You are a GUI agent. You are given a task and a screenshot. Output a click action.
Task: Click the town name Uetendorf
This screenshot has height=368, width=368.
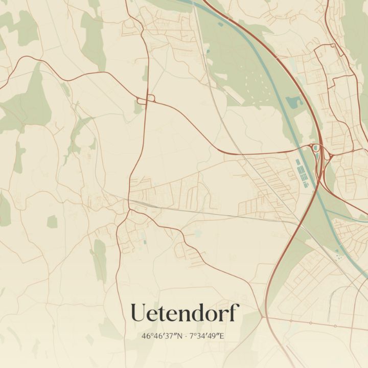pyautogui.click(x=185, y=313)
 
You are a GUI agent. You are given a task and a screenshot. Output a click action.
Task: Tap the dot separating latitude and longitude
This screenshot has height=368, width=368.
pyautogui.click(x=186, y=336)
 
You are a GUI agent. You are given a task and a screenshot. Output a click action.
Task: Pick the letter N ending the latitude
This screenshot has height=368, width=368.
pyautogui.click(x=180, y=336)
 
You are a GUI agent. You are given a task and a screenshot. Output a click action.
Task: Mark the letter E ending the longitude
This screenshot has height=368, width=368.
pyautogui.click(x=222, y=336)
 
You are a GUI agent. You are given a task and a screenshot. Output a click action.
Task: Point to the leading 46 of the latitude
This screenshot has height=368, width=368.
pyautogui.click(x=146, y=336)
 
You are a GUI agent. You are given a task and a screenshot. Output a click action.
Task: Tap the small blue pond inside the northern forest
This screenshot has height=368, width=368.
pyautogui.click(x=294, y=102)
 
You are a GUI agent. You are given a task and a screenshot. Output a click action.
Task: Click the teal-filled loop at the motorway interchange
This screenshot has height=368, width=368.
pyautogui.click(x=316, y=148)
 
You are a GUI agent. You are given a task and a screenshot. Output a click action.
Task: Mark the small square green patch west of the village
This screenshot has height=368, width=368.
pyautogui.click(x=52, y=221)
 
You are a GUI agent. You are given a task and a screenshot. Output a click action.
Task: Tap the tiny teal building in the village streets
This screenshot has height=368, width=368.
pyautogui.click(x=145, y=241)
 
